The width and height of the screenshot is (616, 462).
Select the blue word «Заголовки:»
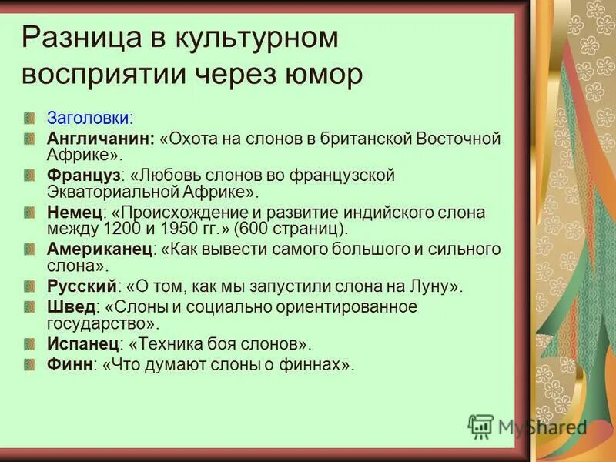click(x=90, y=119)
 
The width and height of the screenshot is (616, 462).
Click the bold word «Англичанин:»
click(x=101, y=139)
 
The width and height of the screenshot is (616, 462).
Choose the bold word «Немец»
click(x=74, y=213)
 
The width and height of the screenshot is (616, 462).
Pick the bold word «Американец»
click(x=100, y=249)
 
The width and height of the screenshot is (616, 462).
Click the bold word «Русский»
click(x=82, y=286)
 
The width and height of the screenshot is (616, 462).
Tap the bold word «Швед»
click(x=72, y=306)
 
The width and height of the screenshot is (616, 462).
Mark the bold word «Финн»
click(x=69, y=364)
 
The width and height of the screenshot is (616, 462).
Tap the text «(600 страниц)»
click(x=291, y=229)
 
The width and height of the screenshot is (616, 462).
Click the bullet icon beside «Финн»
click(x=29, y=364)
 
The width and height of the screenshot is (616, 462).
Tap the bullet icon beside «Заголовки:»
click(x=29, y=119)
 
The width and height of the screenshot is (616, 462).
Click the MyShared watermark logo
click(x=528, y=427)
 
